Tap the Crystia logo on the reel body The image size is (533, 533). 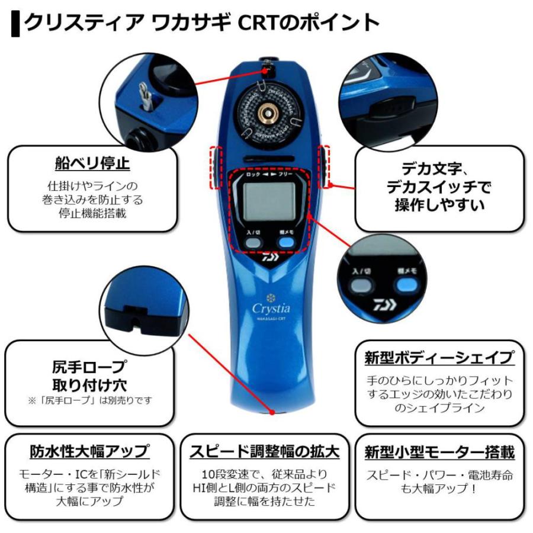click(270, 308)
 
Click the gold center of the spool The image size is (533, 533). click(268, 113)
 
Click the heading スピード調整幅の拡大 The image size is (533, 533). click(265, 452)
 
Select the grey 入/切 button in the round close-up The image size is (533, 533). click(361, 286)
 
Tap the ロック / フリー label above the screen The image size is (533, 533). click(269, 175)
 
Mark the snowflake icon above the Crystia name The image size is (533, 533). click(269, 296)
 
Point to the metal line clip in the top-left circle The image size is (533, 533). click(143, 94)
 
